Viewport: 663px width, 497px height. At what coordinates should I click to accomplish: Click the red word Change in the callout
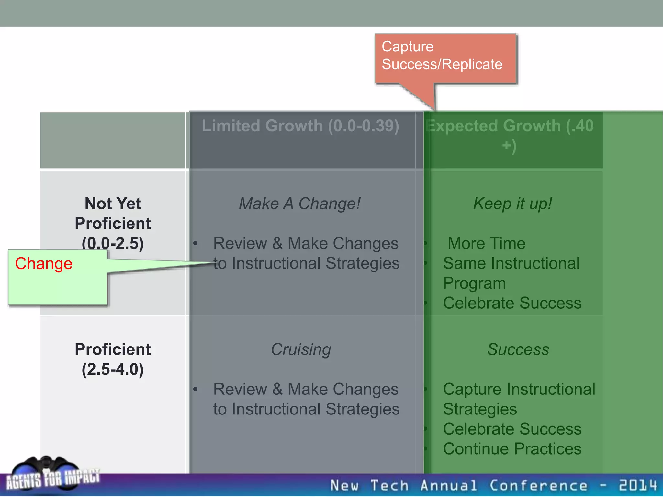click(44, 263)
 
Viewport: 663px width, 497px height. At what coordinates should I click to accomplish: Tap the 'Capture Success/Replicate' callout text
click(442, 55)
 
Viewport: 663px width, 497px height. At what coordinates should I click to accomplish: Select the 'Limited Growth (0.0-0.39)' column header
click(300, 126)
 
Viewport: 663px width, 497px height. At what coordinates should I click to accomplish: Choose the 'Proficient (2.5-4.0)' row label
click(113, 359)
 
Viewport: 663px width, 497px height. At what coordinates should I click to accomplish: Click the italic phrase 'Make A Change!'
click(300, 204)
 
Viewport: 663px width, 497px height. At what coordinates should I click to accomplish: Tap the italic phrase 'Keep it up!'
click(512, 204)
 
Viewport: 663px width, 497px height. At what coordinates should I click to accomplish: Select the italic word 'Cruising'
click(301, 349)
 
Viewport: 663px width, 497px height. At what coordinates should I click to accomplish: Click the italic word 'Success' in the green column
click(518, 349)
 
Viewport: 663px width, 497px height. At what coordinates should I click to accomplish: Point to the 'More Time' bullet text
click(486, 243)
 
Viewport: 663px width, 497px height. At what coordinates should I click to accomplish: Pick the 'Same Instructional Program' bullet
click(511, 273)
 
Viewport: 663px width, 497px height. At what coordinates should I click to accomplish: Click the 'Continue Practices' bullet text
click(512, 449)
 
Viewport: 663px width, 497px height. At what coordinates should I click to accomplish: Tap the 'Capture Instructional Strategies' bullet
click(519, 399)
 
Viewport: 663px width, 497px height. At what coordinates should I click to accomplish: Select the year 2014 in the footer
click(638, 485)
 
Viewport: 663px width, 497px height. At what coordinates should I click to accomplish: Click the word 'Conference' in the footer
click(538, 485)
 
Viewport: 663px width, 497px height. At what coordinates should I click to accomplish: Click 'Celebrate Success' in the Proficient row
click(512, 429)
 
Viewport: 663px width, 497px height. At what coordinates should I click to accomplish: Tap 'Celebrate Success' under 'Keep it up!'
click(512, 303)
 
